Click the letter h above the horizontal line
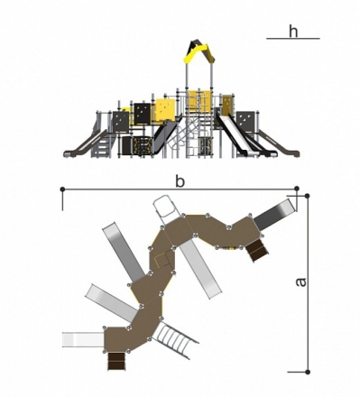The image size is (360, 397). (x=293, y=31)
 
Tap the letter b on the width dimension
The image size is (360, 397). (x=180, y=181)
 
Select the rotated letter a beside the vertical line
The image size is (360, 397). (x=300, y=282)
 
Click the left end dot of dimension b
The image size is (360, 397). (x=62, y=189)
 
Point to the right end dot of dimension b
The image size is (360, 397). (x=297, y=189)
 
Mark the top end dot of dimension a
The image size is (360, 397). (x=307, y=196)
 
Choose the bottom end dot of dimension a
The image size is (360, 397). (x=308, y=372)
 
